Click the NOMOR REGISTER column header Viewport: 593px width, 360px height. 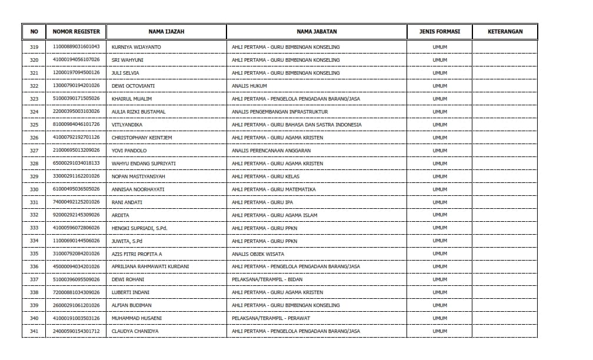click(76, 32)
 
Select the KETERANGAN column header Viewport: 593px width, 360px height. click(505, 32)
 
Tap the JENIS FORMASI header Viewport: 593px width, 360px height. click(439, 32)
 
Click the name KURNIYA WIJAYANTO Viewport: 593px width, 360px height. click(136, 47)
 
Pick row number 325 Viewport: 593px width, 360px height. click(34, 125)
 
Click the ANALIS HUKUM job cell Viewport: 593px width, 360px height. click(249, 86)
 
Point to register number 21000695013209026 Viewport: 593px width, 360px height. click(76, 151)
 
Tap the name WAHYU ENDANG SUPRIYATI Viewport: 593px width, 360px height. click(144, 164)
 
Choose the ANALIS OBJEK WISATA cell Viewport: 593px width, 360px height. click(258, 254)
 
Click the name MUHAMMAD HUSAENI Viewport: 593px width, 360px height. click(136, 319)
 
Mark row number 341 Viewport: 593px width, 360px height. click(34, 332)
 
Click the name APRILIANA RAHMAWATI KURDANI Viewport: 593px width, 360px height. click(150, 267)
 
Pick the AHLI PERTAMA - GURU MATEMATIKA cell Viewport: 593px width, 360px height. click(274, 189)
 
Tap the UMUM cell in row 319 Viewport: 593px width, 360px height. click(439, 47)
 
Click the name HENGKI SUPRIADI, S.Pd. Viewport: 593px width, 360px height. click(139, 228)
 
